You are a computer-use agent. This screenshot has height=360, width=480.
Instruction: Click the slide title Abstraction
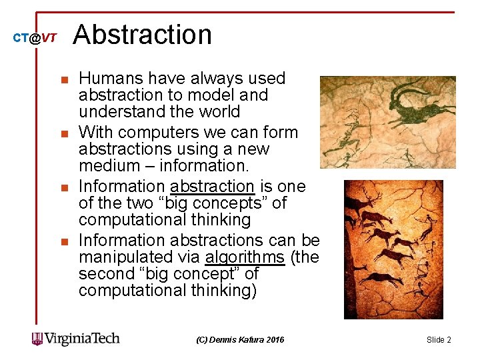pos(142,35)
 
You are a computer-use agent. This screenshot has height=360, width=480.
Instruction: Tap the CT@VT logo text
pos(35,39)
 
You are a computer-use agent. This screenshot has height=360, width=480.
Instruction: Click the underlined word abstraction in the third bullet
pos(213,186)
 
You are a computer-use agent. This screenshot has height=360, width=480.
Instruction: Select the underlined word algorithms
pos(245,257)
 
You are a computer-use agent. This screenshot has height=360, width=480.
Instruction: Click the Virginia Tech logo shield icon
pos(37,339)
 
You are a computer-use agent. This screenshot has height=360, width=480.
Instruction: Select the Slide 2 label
pos(439,340)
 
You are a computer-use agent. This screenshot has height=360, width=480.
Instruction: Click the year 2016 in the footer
pos(275,340)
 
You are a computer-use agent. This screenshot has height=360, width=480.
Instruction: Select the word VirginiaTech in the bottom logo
pos(82,339)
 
